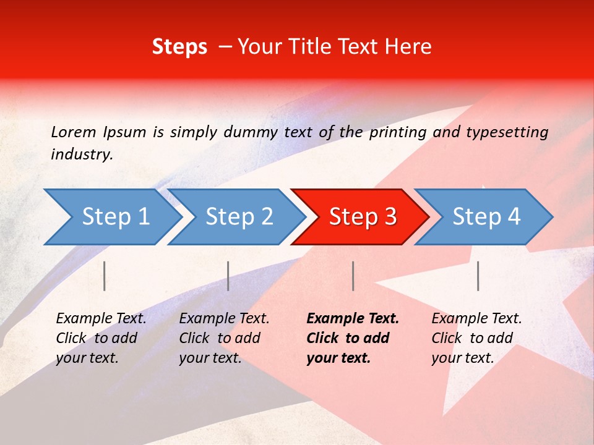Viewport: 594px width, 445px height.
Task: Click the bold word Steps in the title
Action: [x=179, y=47]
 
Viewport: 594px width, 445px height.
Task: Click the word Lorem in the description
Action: [x=73, y=132]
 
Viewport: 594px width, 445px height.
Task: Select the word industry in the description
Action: [x=81, y=155]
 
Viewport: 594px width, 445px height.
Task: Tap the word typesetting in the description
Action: [x=507, y=132]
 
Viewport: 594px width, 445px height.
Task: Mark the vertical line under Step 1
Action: [x=105, y=276]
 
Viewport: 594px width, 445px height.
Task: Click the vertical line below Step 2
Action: [x=228, y=276]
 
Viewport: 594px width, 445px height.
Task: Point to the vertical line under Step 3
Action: [x=353, y=276]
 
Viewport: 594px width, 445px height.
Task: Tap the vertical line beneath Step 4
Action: [x=478, y=276]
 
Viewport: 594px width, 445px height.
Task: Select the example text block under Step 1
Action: [x=101, y=338]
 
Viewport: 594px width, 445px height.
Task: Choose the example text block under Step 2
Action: [x=224, y=338]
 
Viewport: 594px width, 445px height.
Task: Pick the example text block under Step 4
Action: [x=476, y=338]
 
